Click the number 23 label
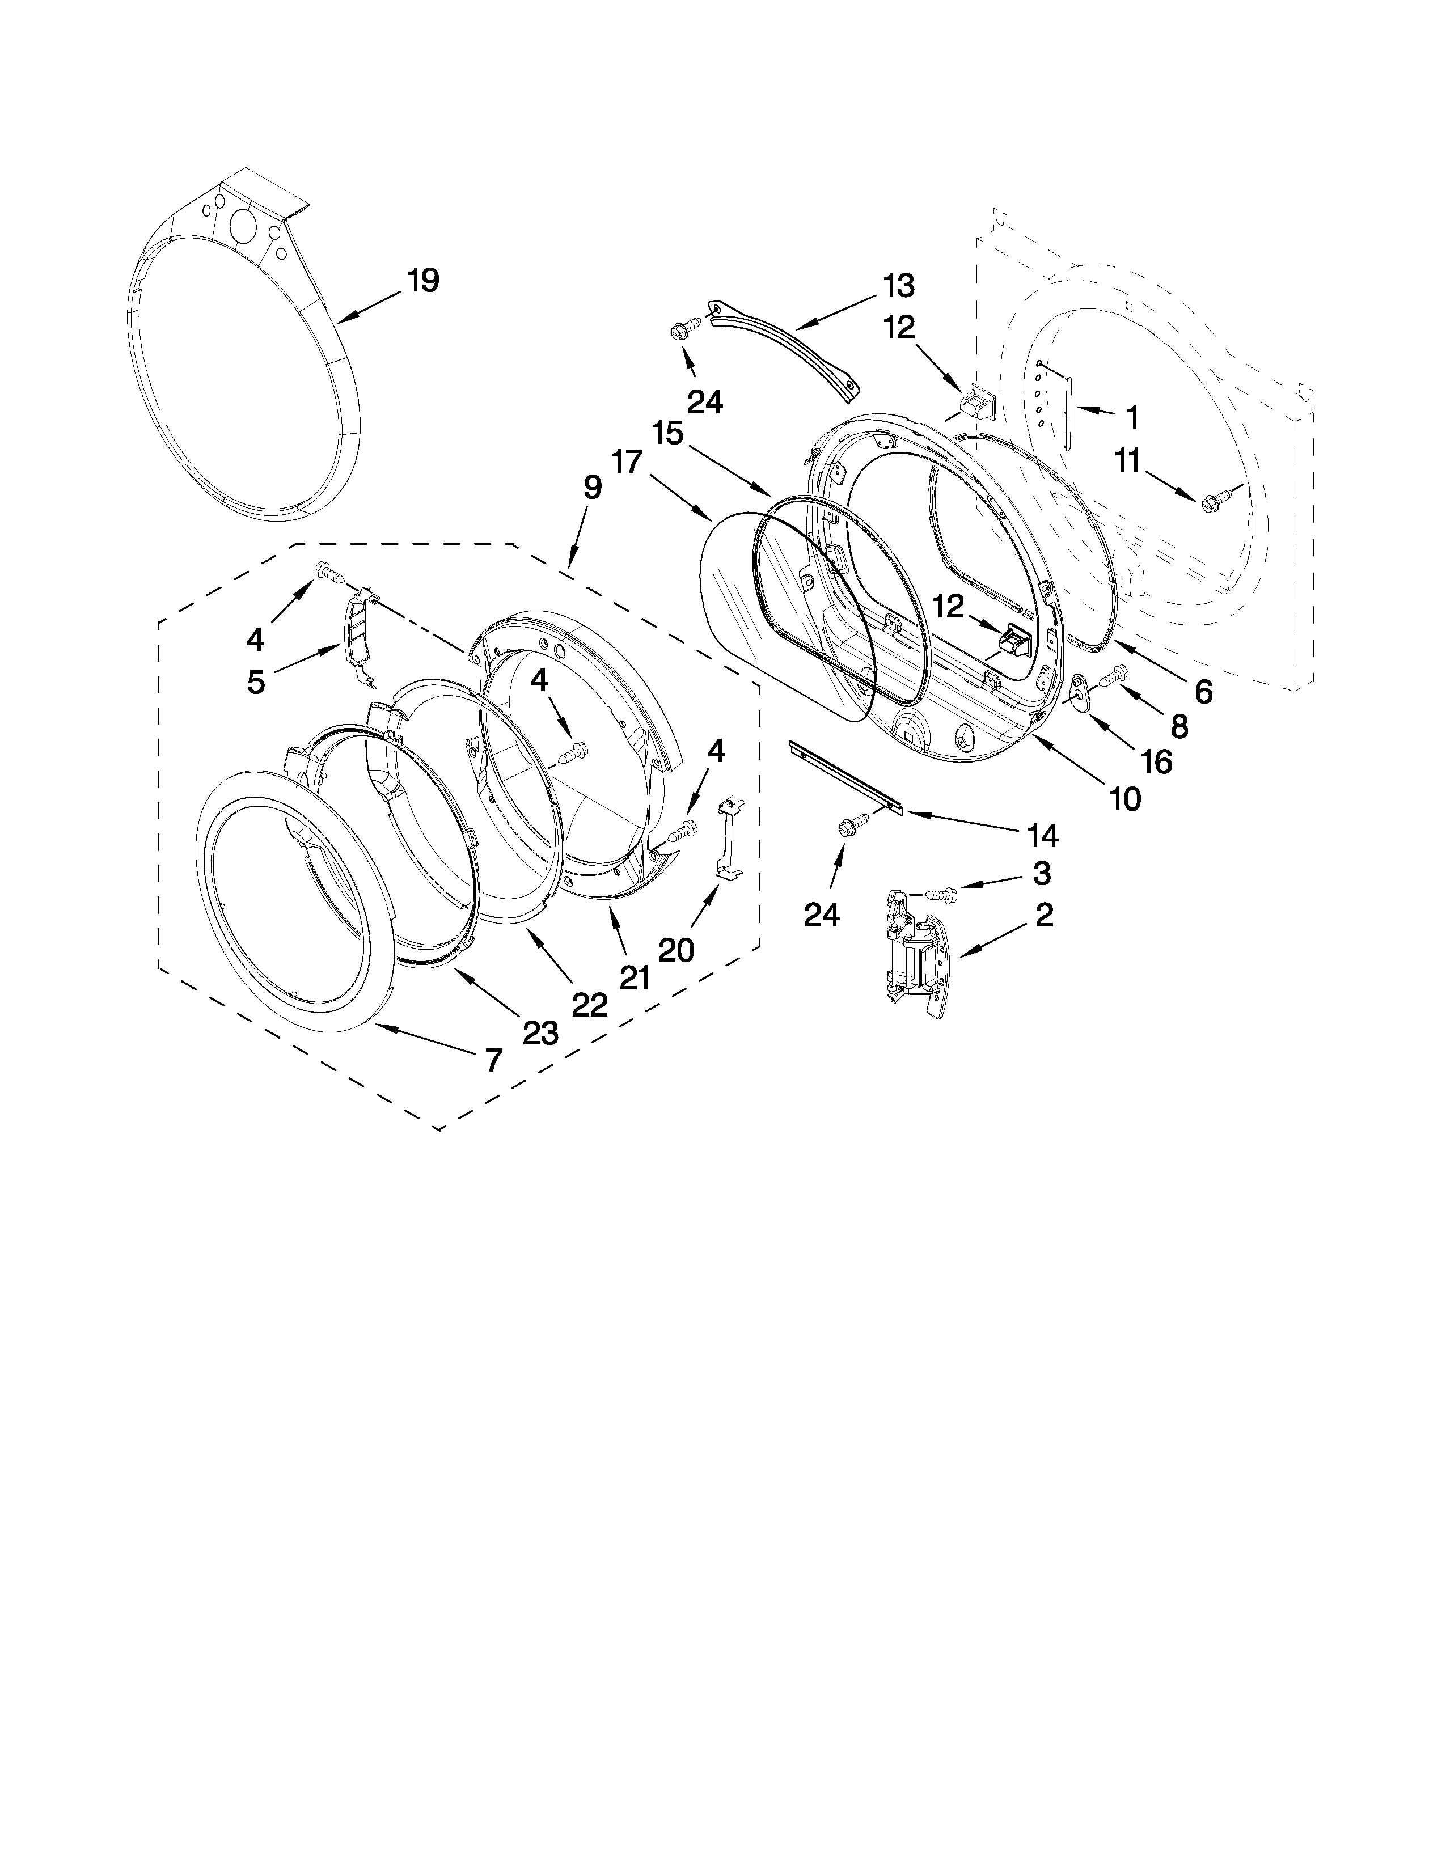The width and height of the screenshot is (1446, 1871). pos(540,1033)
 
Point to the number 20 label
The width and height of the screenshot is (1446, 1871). pos(676,949)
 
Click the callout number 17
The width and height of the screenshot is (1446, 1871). pos(627,463)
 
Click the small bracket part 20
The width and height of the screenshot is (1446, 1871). pos(728,835)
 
